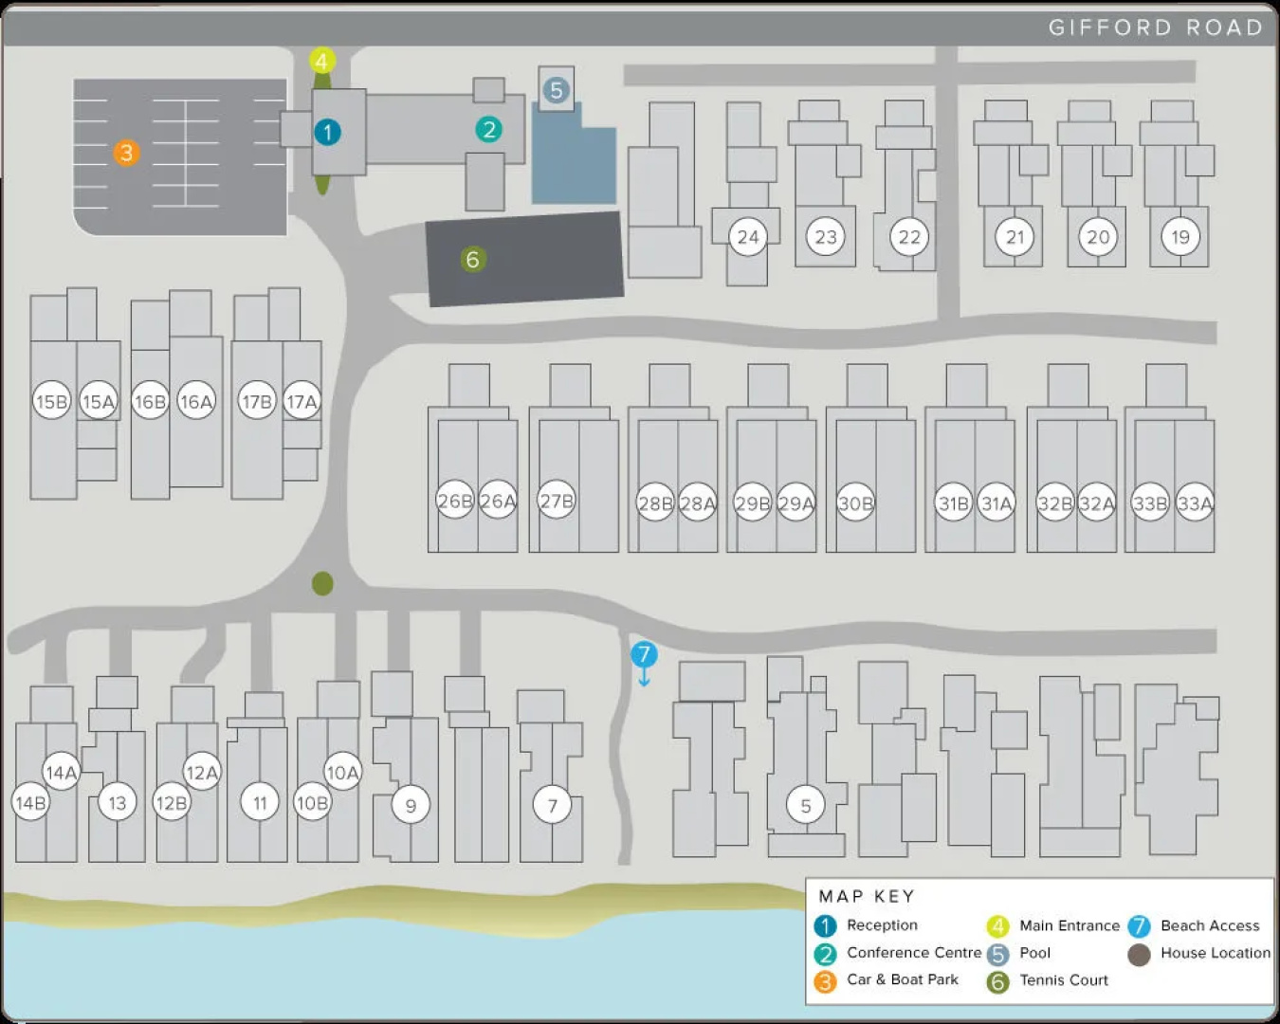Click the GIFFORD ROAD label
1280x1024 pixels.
coord(1156,27)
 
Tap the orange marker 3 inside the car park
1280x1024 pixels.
coord(126,153)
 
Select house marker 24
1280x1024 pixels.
coord(748,237)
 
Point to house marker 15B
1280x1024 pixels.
coord(52,402)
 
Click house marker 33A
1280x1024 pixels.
coord(1195,503)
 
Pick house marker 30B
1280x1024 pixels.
coord(855,503)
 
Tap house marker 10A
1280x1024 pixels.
coord(342,772)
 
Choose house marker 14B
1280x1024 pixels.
coord(31,803)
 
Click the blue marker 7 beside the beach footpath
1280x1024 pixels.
coord(644,654)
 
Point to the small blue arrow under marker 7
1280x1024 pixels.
coord(644,678)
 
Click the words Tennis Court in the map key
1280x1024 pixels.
coord(1064,980)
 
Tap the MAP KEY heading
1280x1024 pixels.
coord(866,896)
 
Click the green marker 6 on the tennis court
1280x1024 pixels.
coord(473,260)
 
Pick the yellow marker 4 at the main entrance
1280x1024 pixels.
coord(321,61)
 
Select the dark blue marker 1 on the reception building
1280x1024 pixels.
coord(327,132)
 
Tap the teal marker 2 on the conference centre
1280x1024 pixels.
coord(489,130)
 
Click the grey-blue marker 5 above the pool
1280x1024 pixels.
coord(557,90)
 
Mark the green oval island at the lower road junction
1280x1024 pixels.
coord(322,584)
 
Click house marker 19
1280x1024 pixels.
coord(1180,237)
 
